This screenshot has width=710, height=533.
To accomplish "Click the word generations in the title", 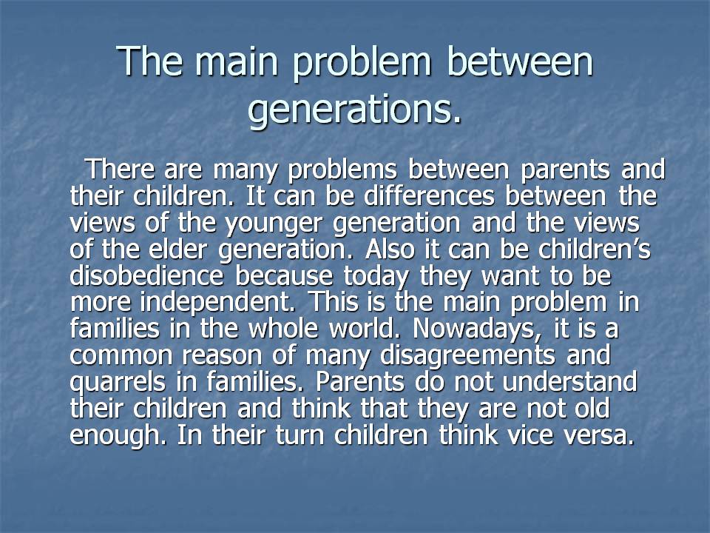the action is pyautogui.click(x=354, y=110).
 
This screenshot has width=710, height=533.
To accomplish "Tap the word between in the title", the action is pyautogui.click(x=519, y=61).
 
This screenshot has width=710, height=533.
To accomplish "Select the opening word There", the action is pyautogui.click(x=121, y=169).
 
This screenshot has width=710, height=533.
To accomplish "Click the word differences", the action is pyautogui.click(x=429, y=195).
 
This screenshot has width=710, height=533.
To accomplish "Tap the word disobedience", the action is pyautogui.click(x=146, y=275).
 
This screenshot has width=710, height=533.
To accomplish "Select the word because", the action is pyautogui.click(x=284, y=275).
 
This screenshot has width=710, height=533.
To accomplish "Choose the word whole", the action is pyautogui.click(x=283, y=329).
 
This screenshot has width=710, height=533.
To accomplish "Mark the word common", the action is pyautogui.click(x=121, y=356).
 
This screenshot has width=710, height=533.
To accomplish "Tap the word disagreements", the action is pyautogui.click(x=467, y=357).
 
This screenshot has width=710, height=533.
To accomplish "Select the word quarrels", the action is pyautogui.click(x=118, y=383).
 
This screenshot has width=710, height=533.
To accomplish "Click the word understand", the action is pyautogui.click(x=569, y=382).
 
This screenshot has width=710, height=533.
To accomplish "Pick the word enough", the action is pyautogui.click(x=118, y=437).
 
